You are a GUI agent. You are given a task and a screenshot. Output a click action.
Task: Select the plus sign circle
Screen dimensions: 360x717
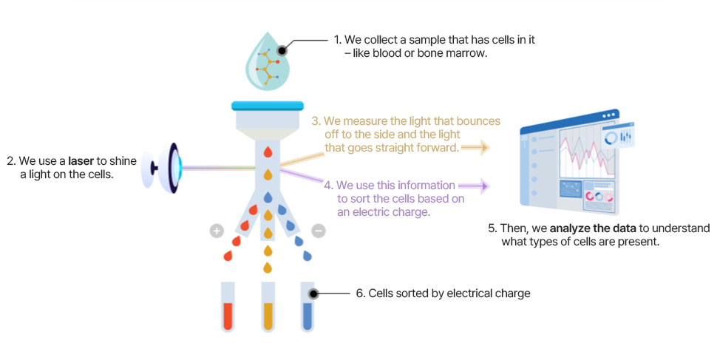217,231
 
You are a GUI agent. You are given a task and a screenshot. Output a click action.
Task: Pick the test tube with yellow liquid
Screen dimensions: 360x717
268,308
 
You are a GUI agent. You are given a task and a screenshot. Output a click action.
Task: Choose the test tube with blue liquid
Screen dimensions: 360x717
308,308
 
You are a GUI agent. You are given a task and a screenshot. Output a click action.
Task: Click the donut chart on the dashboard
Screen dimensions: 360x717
611,138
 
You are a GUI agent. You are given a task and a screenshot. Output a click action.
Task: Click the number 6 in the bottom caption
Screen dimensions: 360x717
359,293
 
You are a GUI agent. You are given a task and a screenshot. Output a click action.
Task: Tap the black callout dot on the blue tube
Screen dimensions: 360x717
313,293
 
